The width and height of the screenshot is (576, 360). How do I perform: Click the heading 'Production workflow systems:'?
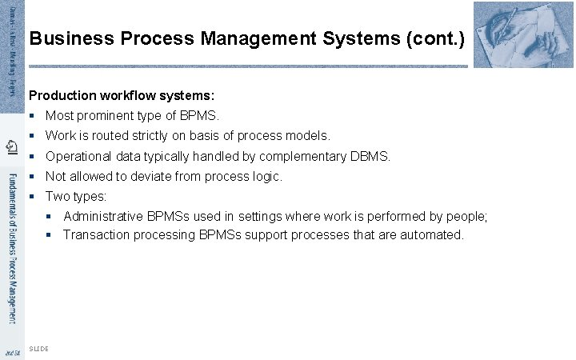pos(122,94)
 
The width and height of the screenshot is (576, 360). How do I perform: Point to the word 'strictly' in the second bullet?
pos(169,136)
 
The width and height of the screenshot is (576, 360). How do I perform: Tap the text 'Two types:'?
pos(76,196)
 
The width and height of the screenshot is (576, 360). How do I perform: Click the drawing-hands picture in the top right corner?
pos(524,34)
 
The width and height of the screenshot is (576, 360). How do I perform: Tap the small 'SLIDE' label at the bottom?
pos(38,349)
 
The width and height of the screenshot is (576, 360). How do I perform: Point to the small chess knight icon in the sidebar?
pos(11,146)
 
